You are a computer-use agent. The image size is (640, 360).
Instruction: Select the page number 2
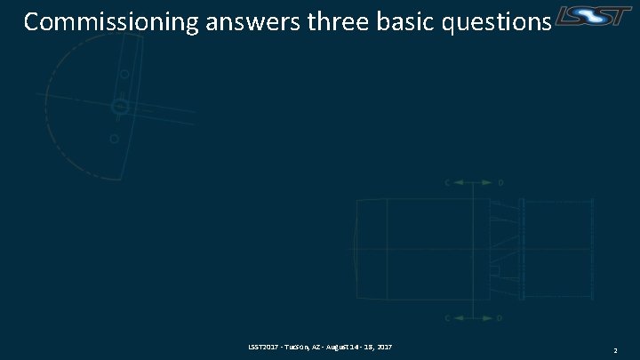click(617, 351)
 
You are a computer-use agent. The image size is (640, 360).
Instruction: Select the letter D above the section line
click(500, 183)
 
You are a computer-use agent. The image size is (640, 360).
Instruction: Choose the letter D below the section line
click(500, 317)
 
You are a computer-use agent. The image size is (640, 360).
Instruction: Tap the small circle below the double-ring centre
click(114, 139)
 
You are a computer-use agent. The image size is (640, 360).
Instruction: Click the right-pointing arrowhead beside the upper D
click(486, 183)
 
